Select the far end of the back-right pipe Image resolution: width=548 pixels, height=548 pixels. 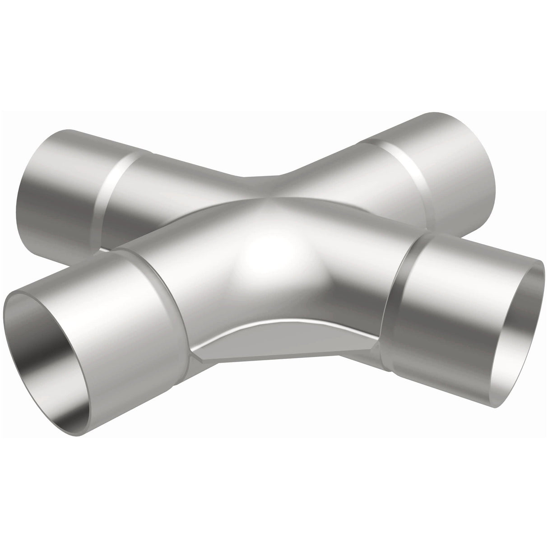click(x=474, y=158)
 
